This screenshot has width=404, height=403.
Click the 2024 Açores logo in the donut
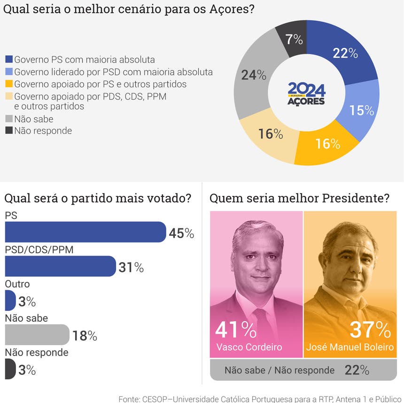(306, 93)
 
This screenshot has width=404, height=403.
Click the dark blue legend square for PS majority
(9, 60)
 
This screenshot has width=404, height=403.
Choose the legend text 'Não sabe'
(34, 119)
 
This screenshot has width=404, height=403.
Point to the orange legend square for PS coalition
(9, 85)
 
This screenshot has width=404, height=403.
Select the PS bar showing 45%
(85, 232)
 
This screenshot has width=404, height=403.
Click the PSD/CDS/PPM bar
(60, 266)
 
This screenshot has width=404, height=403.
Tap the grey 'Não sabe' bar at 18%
(37, 335)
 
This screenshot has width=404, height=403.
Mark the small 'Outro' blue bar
(10, 301)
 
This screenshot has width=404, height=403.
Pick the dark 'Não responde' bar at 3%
(10, 369)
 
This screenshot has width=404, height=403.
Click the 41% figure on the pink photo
(235, 330)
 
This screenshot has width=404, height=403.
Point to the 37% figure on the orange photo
(371, 330)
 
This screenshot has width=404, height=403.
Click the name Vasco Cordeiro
(249, 347)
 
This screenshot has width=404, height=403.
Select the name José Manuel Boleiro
(349, 347)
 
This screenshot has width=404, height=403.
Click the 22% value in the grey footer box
(357, 370)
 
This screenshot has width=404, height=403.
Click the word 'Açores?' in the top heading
(231, 9)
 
